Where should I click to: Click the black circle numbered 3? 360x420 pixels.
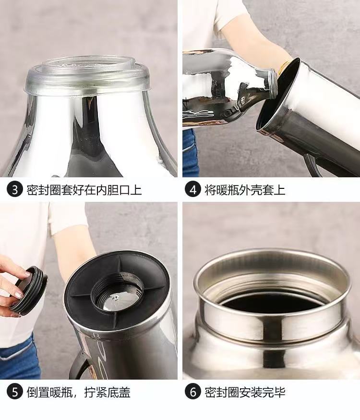tap(15, 190)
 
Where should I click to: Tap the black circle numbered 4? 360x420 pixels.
tap(193, 190)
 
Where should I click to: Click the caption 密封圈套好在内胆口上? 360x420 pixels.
tap(84, 190)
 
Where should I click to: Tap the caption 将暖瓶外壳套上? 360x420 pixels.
tap(245, 190)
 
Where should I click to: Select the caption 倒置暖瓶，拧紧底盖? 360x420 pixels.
tap(78, 392)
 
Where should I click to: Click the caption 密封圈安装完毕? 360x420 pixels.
tap(245, 392)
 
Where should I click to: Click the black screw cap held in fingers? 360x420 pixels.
tap(29, 290)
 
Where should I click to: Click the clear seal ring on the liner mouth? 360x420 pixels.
tap(87, 76)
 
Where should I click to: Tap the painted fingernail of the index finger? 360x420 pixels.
tap(27, 274)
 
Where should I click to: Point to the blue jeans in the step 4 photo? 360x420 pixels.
tap(191, 153)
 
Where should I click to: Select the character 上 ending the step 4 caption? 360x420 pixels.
tap(280, 190)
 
